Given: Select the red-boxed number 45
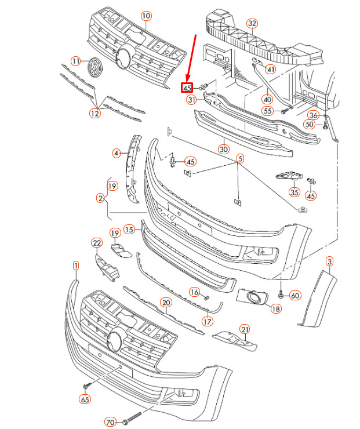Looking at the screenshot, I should tap(187, 88).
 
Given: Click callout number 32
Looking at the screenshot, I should tap(252, 23).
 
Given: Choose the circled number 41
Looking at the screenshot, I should tap(271, 70).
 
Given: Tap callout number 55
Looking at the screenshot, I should tap(267, 111).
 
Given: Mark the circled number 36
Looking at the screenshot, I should tap(313, 115).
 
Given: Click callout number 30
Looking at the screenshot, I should tap(224, 149).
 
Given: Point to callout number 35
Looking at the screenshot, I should tap(294, 192).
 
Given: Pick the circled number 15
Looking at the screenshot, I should tap(130, 230).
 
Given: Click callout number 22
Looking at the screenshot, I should tap(97, 242).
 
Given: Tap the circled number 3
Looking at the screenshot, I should tap(329, 262).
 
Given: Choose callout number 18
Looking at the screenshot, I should tap(275, 310).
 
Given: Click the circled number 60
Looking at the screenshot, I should tap(295, 296).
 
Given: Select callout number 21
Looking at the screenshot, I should tap(245, 330).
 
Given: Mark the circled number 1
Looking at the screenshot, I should tap(76, 266).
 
